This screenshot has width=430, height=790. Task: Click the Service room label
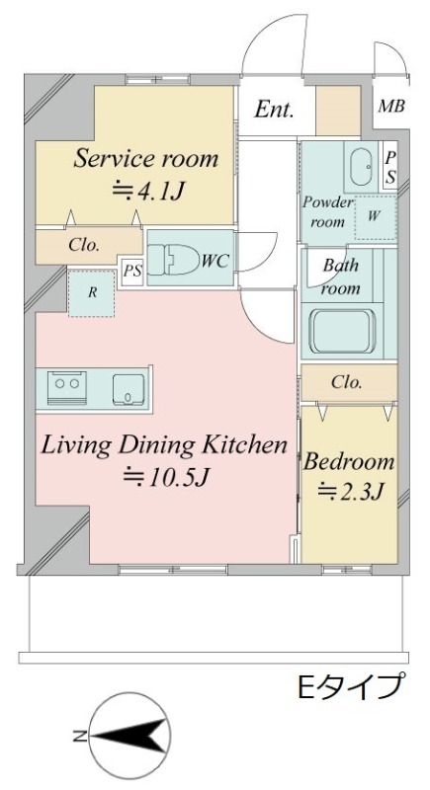coord(145,159)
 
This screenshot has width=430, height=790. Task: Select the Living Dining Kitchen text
coord(164,446)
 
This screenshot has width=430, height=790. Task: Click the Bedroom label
coord(348,461)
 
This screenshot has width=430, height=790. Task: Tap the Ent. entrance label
coord(274,110)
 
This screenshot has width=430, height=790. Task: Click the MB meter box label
coord(391,107)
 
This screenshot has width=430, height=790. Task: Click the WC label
coord(215,261)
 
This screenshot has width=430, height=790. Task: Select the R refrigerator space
coord(92,293)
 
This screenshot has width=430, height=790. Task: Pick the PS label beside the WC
coord(133,271)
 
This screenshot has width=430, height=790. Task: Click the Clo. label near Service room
coord(83,246)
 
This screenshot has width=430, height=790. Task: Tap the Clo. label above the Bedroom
coord(347,382)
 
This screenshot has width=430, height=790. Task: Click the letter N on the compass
coord(79,737)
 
